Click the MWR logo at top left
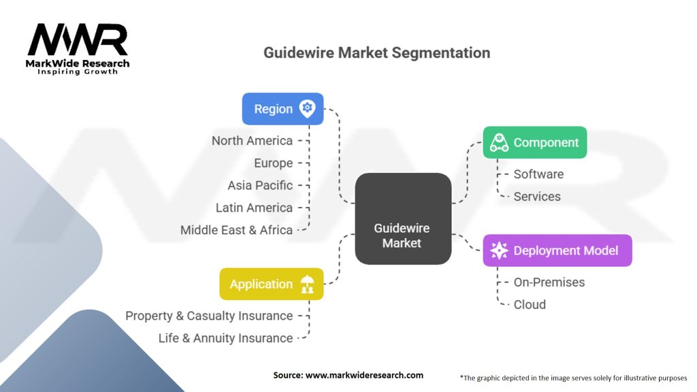(x=78, y=48)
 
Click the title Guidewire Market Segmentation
(x=377, y=53)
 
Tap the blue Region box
(x=282, y=109)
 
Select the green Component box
(x=535, y=142)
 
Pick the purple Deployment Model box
(x=557, y=250)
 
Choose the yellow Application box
(x=272, y=284)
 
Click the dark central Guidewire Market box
(x=403, y=218)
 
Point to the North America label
(x=252, y=141)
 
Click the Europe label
(x=274, y=163)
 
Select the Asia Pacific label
(x=260, y=185)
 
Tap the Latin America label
(x=254, y=208)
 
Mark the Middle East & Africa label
(x=236, y=230)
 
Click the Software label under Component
(x=538, y=174)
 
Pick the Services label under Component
(x=537, y=197)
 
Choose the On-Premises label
(x=549, y=282)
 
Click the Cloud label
(x=530, y=304)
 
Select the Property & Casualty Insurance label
(x=209, y=316)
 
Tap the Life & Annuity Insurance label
(x=225, y=338)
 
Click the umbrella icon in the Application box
(x=307, y=284)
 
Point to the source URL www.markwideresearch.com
(x=365, y=375)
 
